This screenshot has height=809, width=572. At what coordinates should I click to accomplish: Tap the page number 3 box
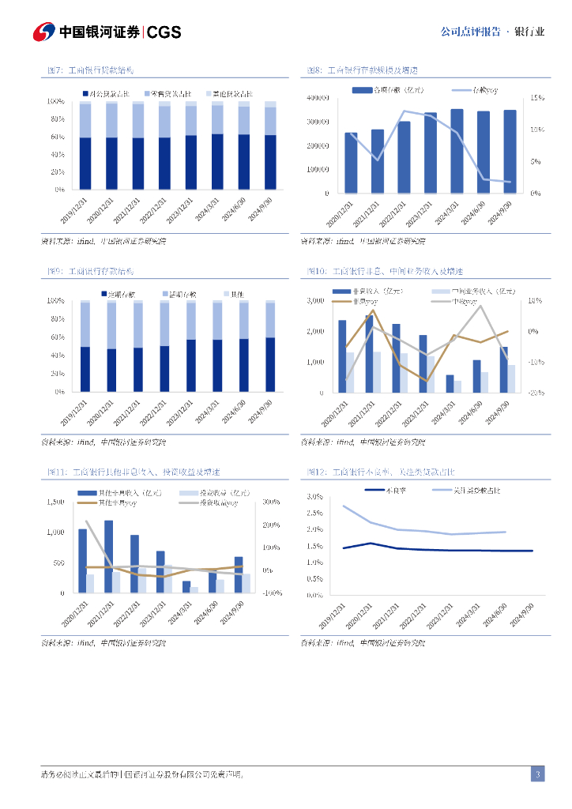(x=537, y=774)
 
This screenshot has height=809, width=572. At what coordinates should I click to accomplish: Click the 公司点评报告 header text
(x=470, y=32)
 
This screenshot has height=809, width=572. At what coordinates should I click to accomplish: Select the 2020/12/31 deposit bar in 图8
(x=351, y=163)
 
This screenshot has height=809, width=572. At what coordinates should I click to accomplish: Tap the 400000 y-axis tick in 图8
(x=316, y=99)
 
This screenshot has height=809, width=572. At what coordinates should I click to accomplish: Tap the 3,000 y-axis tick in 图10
(x=315, y=301)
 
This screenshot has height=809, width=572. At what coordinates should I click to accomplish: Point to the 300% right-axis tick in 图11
(x=272, y=502)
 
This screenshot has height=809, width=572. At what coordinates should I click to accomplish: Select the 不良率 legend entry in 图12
(x=388, y=490)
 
